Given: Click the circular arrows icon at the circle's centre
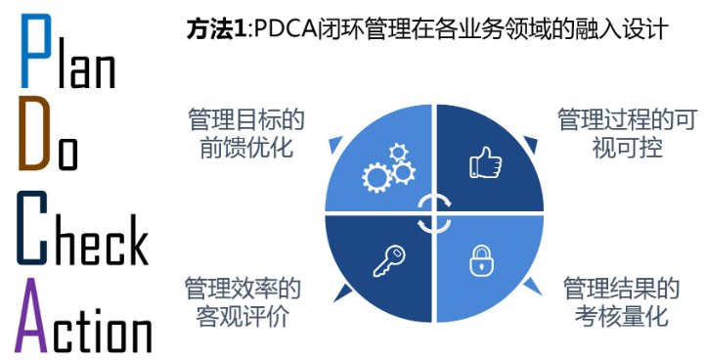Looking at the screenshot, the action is click(433, 213).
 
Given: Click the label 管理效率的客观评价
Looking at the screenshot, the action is click(243, 303).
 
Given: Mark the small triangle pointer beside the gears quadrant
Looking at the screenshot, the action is click(334, 146).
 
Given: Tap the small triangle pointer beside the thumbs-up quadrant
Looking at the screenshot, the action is click(531, 145).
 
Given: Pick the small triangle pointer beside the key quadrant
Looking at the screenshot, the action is click(335, 285).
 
